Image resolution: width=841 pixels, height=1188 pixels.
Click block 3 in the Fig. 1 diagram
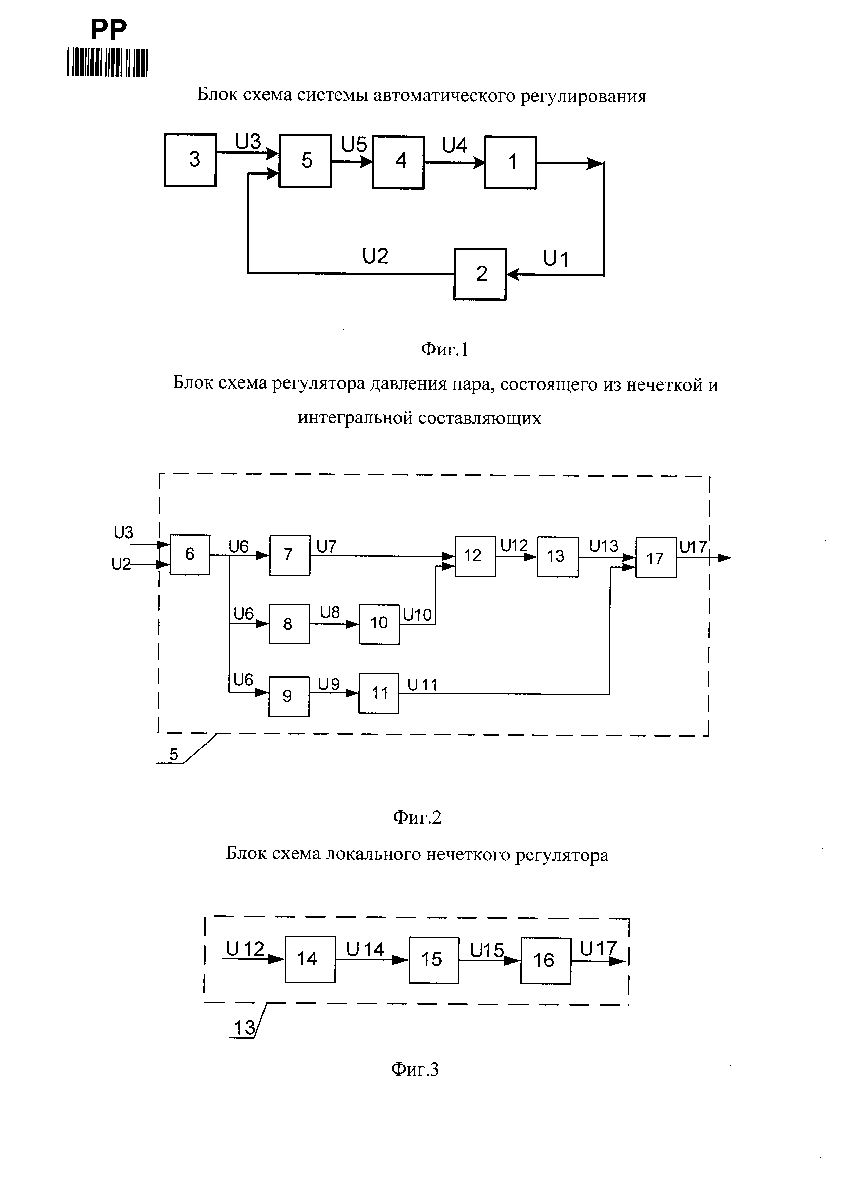point(190,160)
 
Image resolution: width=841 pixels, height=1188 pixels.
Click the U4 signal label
point(454,146)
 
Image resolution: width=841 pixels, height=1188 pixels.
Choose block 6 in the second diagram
point(190,555)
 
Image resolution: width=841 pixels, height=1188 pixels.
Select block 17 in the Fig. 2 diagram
point(656,558)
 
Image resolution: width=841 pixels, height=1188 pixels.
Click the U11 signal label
point(423,685)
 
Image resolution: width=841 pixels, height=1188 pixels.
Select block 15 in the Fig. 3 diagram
point(433,960)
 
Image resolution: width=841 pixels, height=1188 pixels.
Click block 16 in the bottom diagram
point(545,961)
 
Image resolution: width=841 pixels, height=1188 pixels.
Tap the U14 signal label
point(365,949)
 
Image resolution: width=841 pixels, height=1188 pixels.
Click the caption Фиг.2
point(417,817)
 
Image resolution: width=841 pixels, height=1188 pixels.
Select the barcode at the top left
point(107,63)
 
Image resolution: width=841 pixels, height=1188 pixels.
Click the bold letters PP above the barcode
point(109,30)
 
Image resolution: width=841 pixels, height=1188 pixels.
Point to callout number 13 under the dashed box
point(245,1027)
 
